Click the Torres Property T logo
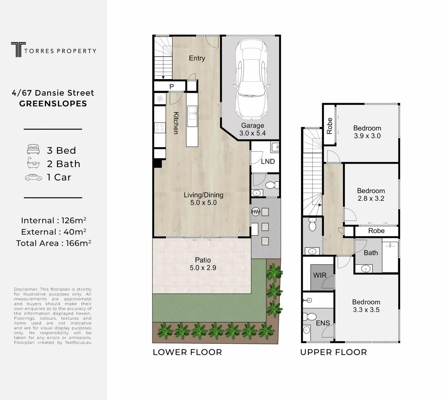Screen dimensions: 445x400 point(18,49)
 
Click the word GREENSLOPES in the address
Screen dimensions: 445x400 point(53,104)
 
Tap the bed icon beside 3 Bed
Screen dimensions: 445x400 point(33,149)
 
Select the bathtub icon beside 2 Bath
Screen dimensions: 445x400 point(33,163)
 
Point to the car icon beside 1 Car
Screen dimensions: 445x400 point(34,178)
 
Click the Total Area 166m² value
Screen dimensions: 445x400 point(54,243)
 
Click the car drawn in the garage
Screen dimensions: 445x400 point(252,79)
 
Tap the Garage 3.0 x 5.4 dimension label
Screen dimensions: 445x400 point(252,129)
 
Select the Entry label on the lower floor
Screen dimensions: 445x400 point(197,58)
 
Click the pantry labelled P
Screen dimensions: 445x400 point(171,86)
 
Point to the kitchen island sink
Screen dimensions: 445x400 point(192,113)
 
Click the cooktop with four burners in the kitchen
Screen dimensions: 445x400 point(160,127)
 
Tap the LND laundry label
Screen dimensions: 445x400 point(268,161)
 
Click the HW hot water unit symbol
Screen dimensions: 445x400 point(256,212)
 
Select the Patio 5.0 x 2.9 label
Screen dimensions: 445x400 point(203,264)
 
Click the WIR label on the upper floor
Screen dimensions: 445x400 point(320,275)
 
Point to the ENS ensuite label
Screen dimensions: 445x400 point(323,323)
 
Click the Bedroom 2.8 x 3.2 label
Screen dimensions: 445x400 point(371,195)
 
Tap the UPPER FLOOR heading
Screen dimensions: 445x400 point(334,353)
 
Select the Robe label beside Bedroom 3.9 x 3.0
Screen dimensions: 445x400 point(329,126)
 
